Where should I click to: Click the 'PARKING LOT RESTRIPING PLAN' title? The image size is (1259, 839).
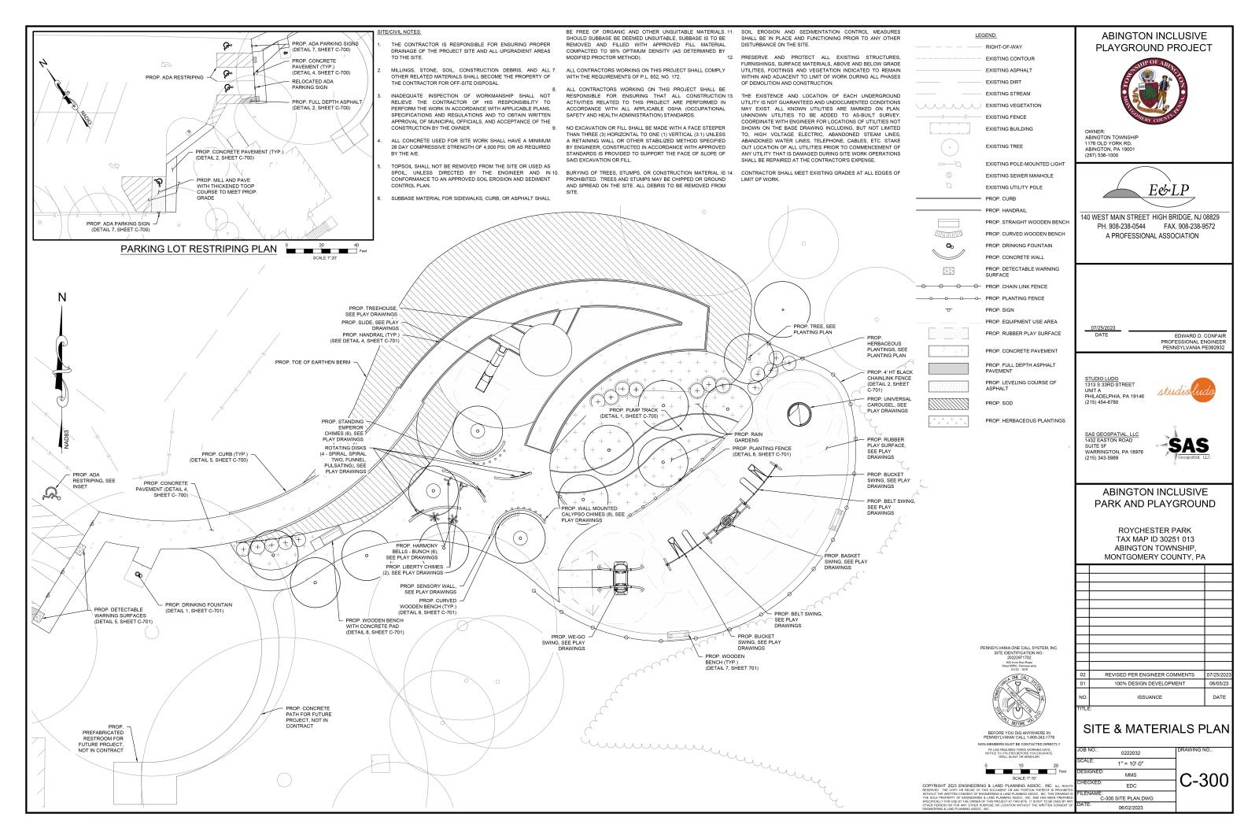[198, 250]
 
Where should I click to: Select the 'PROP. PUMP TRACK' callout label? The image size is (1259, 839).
[628, 412]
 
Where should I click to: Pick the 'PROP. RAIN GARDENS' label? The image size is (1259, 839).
[748, 437]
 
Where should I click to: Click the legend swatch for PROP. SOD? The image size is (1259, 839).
[947, 403]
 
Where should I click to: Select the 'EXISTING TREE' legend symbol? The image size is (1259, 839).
[947, 146]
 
